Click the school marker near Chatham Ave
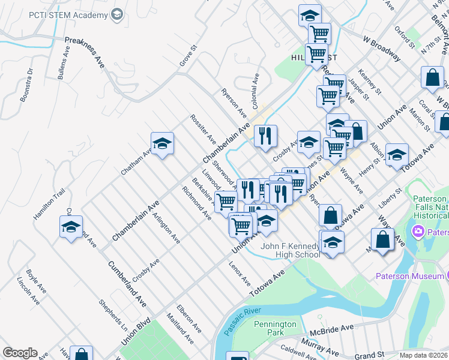tap(162, 144)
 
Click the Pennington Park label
tap(274, 328)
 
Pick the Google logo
tap(20, 352)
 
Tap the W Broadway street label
tap(381, 47)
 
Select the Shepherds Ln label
tap(113, 314)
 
